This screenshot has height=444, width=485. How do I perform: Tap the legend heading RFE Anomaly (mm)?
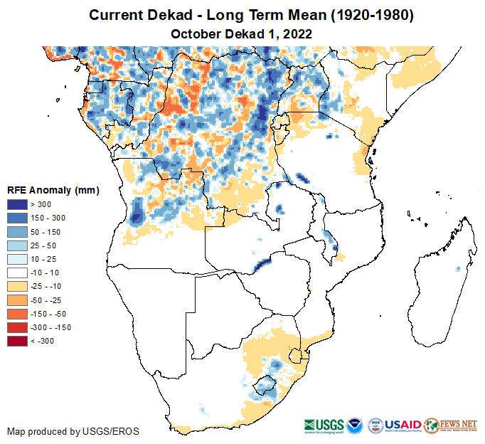tap(53, 191)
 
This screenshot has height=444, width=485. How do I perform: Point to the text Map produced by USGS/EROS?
tap(73, 431)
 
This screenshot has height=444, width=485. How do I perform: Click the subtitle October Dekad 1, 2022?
tap(242, 33)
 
